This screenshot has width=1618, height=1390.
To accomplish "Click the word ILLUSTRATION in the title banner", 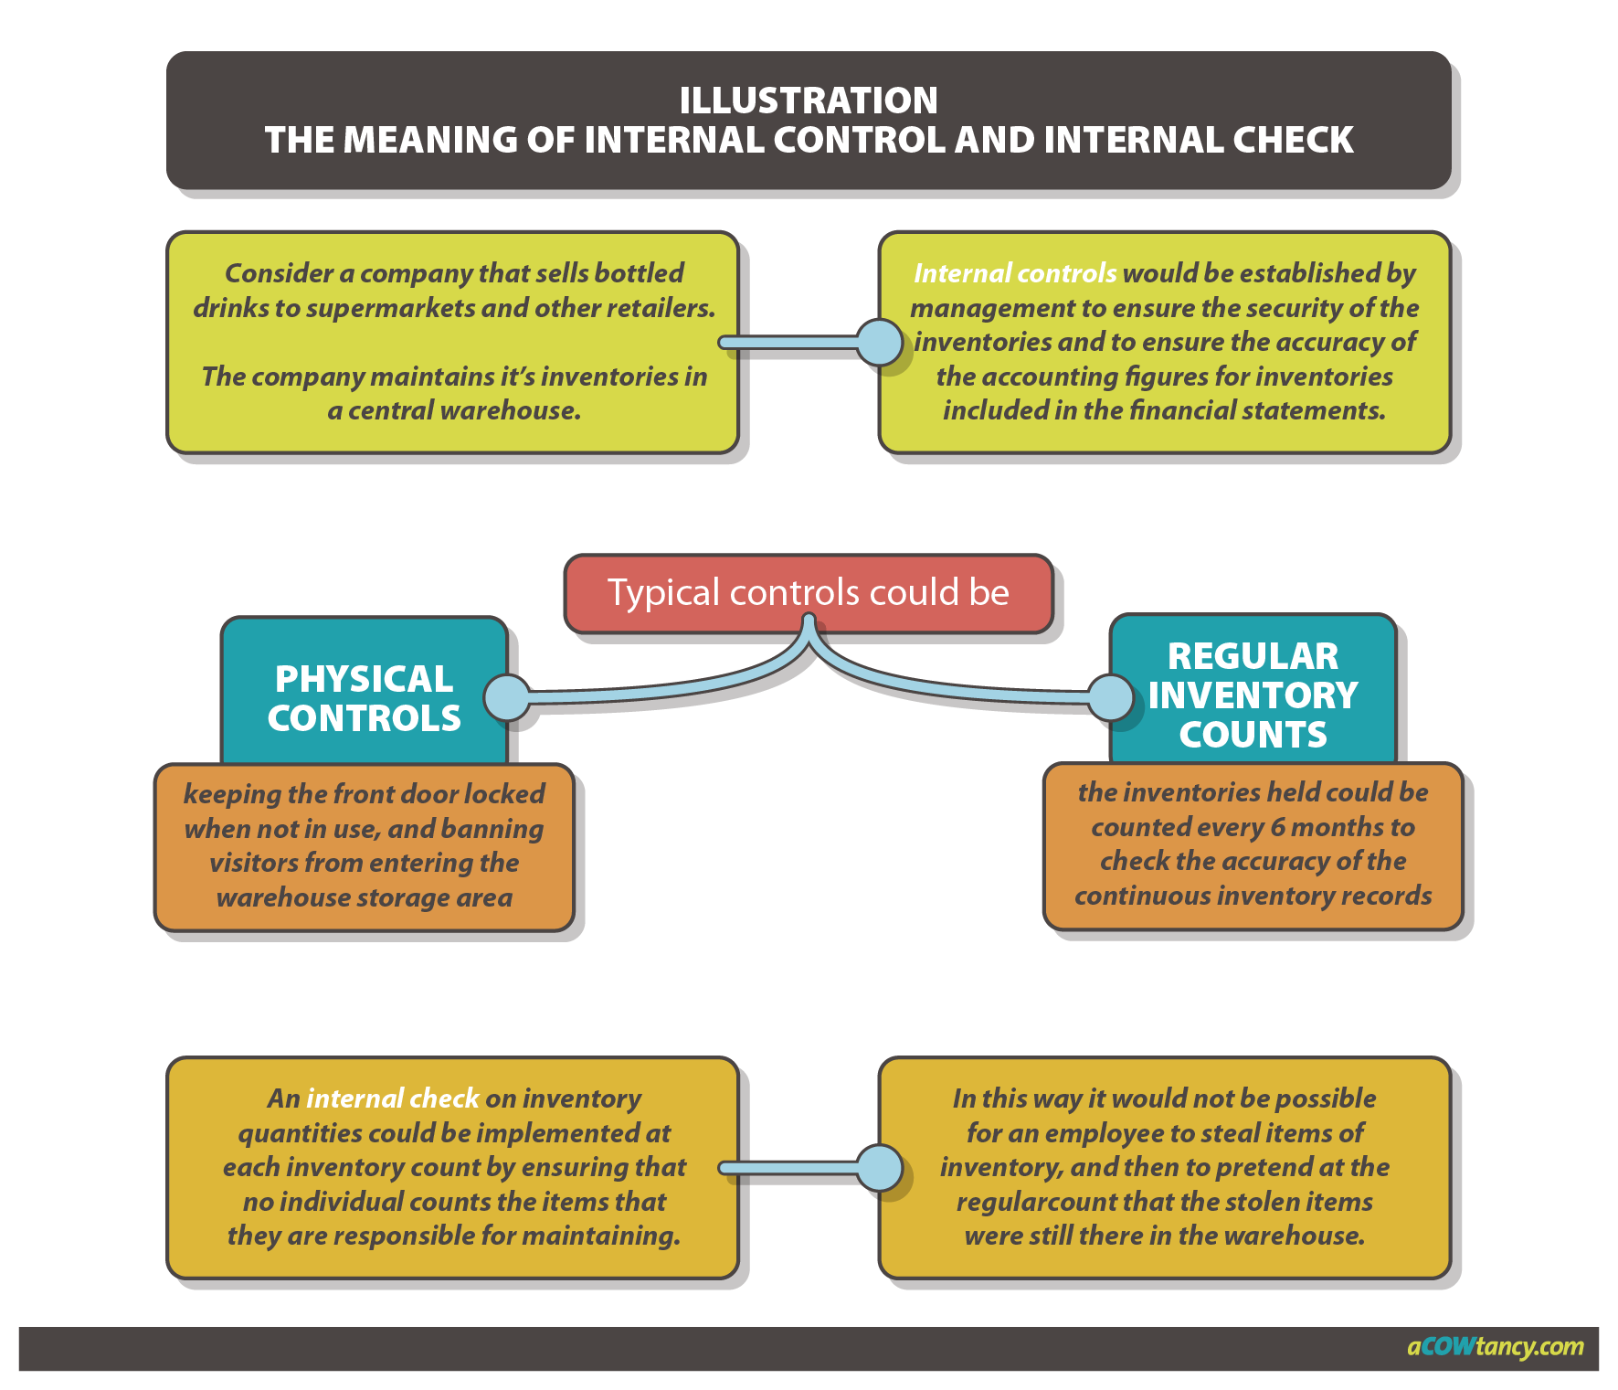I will [808, 101].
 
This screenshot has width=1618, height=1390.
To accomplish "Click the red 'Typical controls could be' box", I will [808, 592].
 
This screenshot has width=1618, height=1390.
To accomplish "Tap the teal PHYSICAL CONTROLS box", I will [364, 698].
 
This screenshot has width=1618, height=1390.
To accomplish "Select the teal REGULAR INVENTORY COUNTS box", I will [1253, 695].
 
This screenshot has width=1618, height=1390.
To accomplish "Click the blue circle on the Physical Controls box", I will [507, 698].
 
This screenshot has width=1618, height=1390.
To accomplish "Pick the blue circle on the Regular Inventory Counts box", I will [1111, 698].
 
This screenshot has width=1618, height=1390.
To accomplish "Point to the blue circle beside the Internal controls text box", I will [880, 343].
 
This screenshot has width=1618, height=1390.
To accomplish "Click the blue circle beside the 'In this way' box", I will [880, 1168].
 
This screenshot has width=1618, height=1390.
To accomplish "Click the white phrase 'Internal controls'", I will [1014, 273].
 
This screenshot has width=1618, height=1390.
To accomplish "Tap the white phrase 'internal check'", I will [392, 1098].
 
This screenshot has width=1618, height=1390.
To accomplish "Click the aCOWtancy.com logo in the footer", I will [1495, 1347].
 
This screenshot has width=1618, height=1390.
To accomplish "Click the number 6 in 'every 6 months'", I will [1277, 827].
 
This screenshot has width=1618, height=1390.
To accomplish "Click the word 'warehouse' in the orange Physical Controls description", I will [270, 897].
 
